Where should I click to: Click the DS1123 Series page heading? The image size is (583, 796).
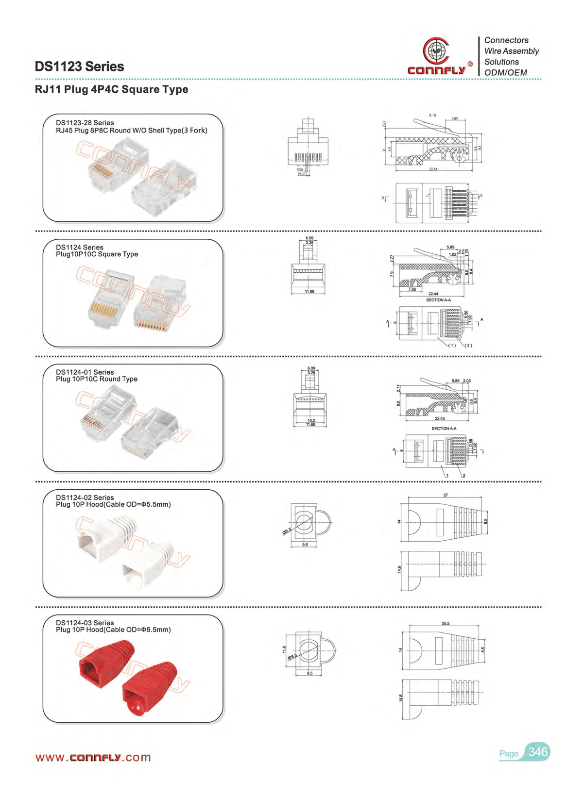pyautogui.click(x=79, y=66)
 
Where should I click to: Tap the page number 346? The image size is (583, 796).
pyautogui.click(x=538, y=752)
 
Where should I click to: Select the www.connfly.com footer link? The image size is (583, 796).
pyautogui.click(x=93, y=758)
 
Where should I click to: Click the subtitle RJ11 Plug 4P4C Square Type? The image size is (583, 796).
pyautogui.click(x=111, y=89)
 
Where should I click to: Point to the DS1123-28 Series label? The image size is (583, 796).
pyautogui.click(x=85, y=123)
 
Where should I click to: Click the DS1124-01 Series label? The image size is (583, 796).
pyautogui.click(x=85, y=372)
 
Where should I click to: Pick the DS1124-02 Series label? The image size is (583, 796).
pyautogui.click(x=85, y=497)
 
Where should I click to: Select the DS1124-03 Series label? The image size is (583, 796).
pyautogui.click(x=85, y=623)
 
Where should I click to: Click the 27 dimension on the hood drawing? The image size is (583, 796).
pyautogui.click(x=446, y=495)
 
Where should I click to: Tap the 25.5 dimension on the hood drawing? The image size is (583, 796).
pyautogui.click(x=446, y=623)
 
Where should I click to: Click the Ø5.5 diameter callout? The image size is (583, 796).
pyautogui.click(x=287, y=531)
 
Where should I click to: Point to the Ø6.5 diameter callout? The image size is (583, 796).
pyautogui.click(x=292, y=656)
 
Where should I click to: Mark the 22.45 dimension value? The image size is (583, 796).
pyautogui.click(x=440, y=418)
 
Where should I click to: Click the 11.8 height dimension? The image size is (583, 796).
pyautogui.click(x=285, y=649)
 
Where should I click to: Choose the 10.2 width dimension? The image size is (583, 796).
pyautogui.click(x=311, y=420)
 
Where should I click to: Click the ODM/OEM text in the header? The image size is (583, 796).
pyautogui.click(x=505, y=73)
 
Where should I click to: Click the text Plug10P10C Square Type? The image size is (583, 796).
pyautogui.click(x=97, y=254)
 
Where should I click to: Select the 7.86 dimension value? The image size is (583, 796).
pyautogui.click(x=412, y=289)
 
